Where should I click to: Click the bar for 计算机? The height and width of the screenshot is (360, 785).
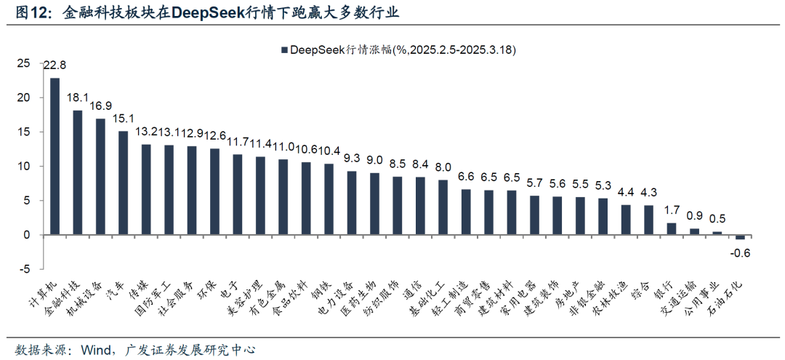click(x=55, y=156)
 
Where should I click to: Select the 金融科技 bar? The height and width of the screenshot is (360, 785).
click(x=77, y=172)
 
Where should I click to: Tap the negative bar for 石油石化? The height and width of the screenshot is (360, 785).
click(x=740, y=237)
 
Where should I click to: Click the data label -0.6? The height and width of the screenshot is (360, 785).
click(x=740, y=253)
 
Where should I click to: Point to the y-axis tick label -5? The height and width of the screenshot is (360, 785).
click(x=25, y=269)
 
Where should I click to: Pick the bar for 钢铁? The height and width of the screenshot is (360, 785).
click(x=329, y=199)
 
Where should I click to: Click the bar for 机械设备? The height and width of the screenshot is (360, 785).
click(x=100, y=177)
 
